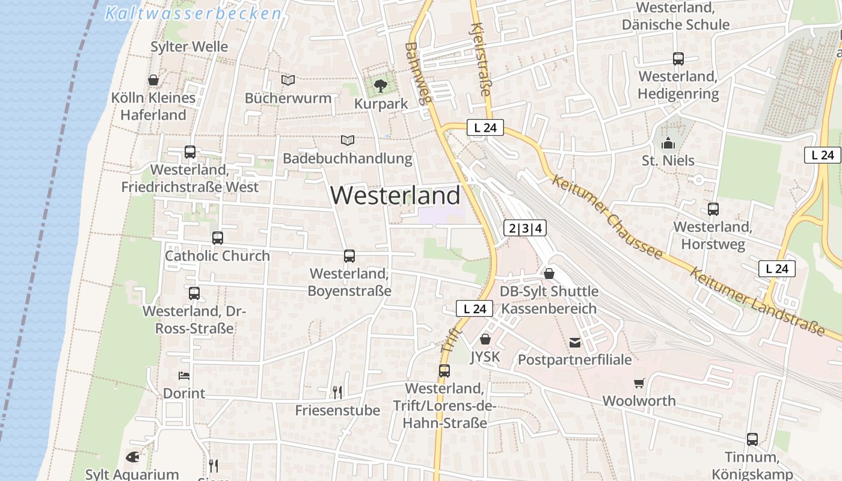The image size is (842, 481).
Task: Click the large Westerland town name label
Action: point(395,195)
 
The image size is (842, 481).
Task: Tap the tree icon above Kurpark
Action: point(380,86)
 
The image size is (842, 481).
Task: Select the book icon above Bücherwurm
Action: point(288,80)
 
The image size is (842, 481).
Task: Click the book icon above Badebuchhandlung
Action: point(347,140)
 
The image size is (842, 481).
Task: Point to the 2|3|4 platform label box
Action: point(525,228)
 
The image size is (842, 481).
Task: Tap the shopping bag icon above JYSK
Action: point(485,339)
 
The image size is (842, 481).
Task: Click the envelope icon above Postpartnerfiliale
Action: point(575,343)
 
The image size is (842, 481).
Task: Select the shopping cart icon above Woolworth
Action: point(639,383)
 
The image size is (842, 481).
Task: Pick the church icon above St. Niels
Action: point(668,143)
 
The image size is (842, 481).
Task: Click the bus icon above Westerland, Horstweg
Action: point(713,209)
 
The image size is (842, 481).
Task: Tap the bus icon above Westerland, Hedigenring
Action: point(678,59)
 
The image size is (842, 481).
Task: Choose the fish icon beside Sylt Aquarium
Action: point(132,457)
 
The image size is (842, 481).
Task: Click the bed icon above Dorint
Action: point(184,376)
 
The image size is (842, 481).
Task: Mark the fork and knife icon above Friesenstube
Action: point(337,393)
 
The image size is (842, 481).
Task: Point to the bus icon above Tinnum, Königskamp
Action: point(752,439)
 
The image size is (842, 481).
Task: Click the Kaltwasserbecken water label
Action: point(193,13)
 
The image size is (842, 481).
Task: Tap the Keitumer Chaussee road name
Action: point(607,218)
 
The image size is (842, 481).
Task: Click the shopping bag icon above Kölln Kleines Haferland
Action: point(153,80)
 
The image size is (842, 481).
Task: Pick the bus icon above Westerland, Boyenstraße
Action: point(349,256)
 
